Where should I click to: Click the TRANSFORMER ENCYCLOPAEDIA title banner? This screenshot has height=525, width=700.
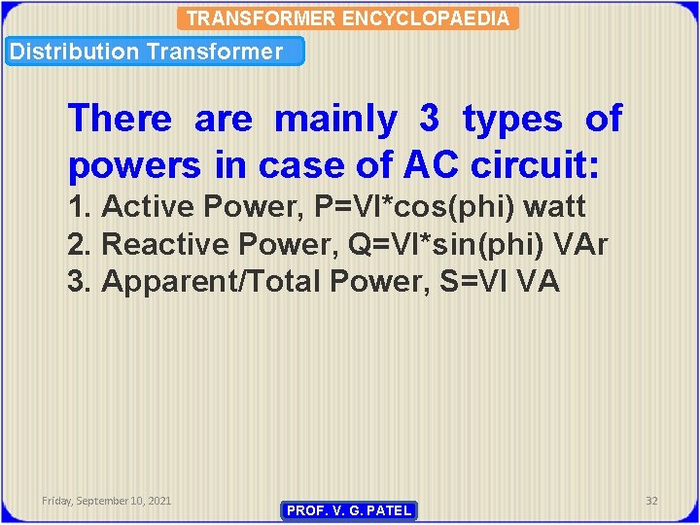pos(348,18)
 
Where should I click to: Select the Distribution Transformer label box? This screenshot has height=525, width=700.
pos(156,52)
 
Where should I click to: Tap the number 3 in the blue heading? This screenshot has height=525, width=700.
pos(429,120)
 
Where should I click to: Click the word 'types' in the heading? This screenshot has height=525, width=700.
pos(512,120)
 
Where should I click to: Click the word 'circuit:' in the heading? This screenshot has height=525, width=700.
pos(535,166)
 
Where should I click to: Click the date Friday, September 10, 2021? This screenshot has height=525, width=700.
pos(106,500)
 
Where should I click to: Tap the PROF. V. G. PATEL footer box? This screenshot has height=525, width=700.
pos(349,510)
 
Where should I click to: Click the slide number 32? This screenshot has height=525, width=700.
pos(651,500)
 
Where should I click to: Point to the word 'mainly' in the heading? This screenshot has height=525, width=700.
pos(336,120)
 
